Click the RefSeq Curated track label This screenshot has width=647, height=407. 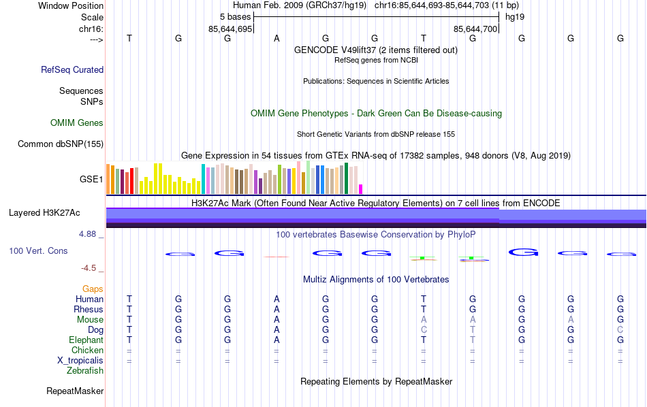click(72, 69)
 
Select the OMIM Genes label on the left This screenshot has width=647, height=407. click(77, 123)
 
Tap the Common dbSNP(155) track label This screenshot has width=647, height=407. click(61, 144)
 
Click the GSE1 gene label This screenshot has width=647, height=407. click(91, 180)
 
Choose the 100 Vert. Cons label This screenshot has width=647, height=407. click(38, 251)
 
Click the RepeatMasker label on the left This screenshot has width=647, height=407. click(75, 391)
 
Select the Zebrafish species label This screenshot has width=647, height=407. click(85, 371)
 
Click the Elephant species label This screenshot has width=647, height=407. click(86, 340)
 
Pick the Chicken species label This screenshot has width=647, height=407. click(88, 351)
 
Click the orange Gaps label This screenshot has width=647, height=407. click(93, 289)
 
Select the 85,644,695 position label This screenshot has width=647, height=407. click(230, 29)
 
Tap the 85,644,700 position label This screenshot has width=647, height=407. click(476, 29)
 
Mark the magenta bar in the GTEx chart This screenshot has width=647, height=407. click(361, 189)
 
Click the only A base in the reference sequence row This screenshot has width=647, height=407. click(277, 39)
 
